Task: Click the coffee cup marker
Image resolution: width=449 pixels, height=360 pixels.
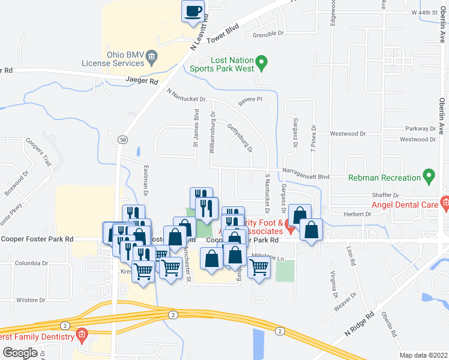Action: pos(193,11)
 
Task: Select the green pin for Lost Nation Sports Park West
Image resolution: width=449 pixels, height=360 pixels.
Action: pos(261,62)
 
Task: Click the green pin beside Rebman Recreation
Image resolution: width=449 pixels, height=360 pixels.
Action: pos(429,177)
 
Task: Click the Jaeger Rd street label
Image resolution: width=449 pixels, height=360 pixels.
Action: pos(142,80)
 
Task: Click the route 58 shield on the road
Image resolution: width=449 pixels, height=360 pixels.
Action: pos(122,139)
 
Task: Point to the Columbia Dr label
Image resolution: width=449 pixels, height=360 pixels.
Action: pos(31,263)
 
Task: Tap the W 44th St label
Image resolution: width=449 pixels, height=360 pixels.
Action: pos(423,12)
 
